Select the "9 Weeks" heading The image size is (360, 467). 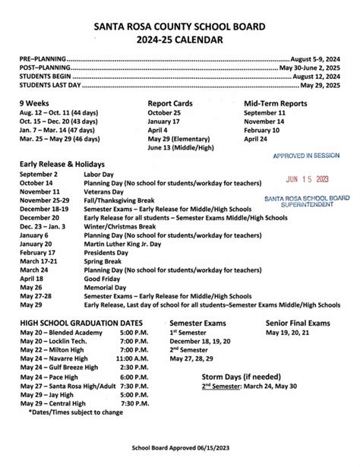point(36,103)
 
